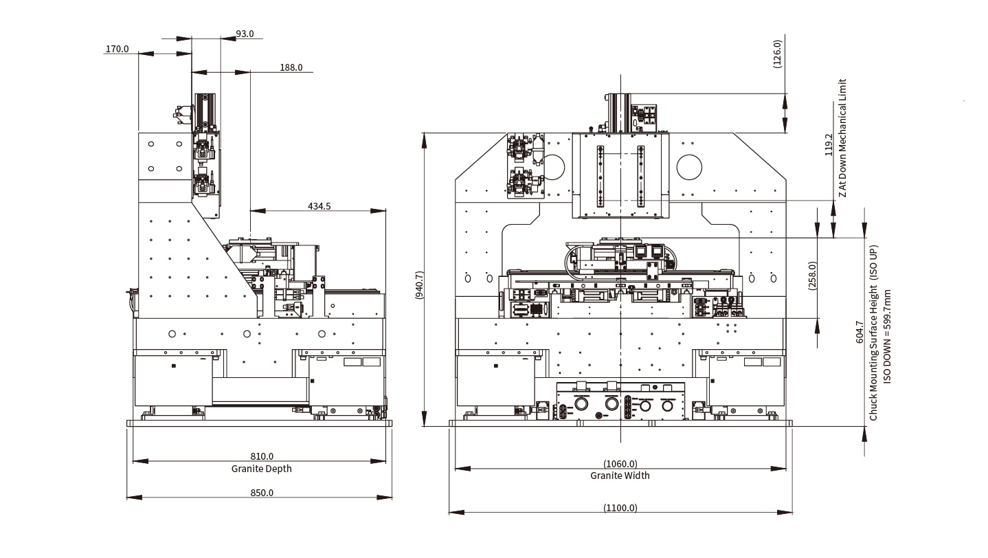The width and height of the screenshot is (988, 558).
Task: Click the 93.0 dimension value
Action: click(245, 34)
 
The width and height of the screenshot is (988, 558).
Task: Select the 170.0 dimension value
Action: click(117, 49)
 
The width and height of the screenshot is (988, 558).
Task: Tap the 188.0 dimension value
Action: click(291, 67)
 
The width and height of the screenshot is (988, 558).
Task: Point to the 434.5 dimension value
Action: click(319, 206)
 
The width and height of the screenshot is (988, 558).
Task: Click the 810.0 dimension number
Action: click(262, 456)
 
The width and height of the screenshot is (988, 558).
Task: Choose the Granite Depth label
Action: click(262, 469)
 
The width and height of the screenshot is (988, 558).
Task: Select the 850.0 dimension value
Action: click(262, 493)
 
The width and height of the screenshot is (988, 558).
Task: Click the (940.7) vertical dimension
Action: click(419, 285)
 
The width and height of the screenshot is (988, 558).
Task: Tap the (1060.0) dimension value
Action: click(620, 464)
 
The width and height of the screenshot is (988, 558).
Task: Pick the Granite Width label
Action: click(620, 476)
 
